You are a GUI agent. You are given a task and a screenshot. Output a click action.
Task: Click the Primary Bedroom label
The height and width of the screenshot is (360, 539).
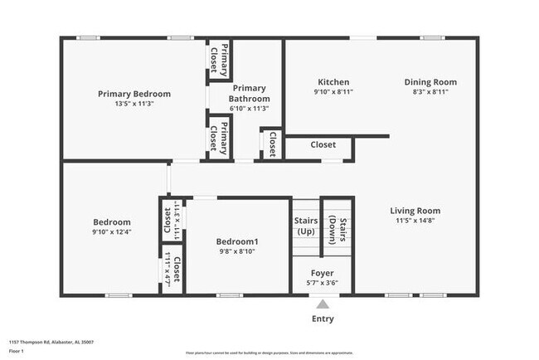coord(134,94)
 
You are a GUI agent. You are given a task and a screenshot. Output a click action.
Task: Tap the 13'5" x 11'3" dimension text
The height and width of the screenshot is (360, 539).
coord(134,105)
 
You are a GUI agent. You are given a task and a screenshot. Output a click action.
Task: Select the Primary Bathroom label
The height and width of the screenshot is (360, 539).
coord(249,93)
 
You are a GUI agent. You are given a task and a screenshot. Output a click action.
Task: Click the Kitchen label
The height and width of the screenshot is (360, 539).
coord(333,82)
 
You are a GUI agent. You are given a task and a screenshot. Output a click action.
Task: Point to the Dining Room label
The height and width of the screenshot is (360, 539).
coord(430,82)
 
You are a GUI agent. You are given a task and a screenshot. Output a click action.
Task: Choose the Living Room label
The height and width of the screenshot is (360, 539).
coord(415,211)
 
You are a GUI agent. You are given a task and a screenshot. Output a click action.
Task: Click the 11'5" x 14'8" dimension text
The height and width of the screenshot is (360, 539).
coord(415,221)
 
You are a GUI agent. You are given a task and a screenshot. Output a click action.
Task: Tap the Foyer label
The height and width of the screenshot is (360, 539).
coord(322,273)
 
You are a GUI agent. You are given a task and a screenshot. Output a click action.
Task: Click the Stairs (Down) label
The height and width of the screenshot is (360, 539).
coord(337,226)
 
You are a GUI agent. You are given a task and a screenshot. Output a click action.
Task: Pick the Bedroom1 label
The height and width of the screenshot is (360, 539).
coord(237,241)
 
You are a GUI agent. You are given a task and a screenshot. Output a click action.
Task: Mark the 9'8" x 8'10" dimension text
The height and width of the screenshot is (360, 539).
coord(237,251)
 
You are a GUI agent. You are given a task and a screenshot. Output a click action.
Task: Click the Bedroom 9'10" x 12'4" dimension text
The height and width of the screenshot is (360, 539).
coord(111,233)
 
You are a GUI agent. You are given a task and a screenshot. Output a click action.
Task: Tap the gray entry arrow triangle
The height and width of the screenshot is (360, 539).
coord(322,304)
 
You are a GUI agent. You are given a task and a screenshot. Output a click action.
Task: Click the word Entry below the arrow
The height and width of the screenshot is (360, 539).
coord(323,319)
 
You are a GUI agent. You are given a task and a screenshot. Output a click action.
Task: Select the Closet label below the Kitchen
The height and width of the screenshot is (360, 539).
coord(323,144)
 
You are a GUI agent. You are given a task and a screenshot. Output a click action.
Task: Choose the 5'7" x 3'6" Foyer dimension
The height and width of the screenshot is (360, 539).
coord(322,283)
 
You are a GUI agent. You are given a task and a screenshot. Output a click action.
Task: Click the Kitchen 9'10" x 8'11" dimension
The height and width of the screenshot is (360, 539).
coord(333,93)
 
